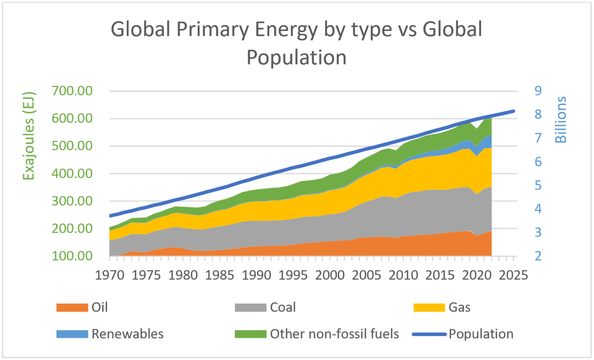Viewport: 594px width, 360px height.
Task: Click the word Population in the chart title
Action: click(x=296, y=58)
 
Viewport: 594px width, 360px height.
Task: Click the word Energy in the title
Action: click(x=286, y=30)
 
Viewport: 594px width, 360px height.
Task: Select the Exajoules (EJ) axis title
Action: click(x=29, y=136)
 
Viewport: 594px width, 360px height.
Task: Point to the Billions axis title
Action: click(x=561, y=120)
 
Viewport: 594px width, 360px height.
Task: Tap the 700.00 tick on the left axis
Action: click(x=72, y=91)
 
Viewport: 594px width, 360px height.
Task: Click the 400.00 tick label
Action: click(x=72, y=174)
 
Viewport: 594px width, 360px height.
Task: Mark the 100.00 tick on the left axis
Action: click(x=72, y=256)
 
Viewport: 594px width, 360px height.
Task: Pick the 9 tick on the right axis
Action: click(x=538, y=91)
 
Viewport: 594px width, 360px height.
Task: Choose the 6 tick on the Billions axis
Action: click(x=538, y=162)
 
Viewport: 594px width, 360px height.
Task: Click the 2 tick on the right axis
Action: click(x=538, y=256)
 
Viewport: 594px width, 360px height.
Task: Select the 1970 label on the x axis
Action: click(x=109, y=275)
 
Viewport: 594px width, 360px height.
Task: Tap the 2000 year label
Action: click(x=330, y=275)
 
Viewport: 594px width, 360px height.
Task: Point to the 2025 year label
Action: click(x=513, y=275)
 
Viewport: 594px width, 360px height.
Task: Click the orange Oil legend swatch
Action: click(x=72, y=307)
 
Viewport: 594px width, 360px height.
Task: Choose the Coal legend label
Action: click(x=283, y=307)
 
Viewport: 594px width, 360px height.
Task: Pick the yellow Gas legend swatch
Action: click(x=429, y=307)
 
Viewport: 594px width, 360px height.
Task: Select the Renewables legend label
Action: click(x=128, y=334)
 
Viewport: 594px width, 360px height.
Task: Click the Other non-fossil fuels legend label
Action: click(x=334, y=334)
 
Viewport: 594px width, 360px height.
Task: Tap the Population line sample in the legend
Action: click(x=429, y=334)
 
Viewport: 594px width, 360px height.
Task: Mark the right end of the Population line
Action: click(x=514, y=111)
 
